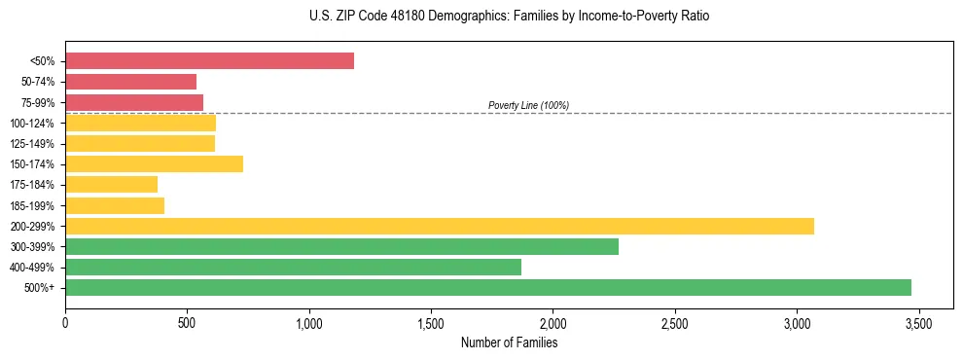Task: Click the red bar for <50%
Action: [x=209, y=61]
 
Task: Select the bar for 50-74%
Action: [x=130, y=82]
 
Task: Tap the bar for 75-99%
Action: [x=134, y=102]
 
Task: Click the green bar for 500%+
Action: [x=487, y=287]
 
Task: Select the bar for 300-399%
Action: [x=341, y=246]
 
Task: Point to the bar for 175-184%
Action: [x=111, y=185]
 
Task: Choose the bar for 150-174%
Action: [x=154, y=163]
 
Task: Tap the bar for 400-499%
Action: [x=293, y=267]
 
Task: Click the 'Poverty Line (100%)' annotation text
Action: [x=528, y=105]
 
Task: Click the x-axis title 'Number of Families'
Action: [x=509, y=342]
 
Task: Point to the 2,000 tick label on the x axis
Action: [x=553, y=324]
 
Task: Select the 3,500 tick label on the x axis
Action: [x=918, y=324]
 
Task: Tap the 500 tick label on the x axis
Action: [x=187, y=324]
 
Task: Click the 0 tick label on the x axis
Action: [x=65, y=324]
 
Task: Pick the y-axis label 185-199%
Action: [x=32, y=205]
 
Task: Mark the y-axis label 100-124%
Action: [x=32, y=124]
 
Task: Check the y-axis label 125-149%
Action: [x=32, y=144]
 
